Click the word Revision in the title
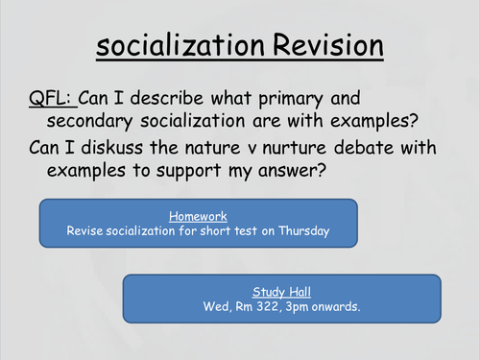[319, 45]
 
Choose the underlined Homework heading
[198, 216]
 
